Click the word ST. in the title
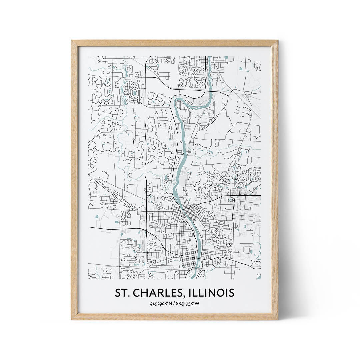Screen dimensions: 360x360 (x=122, y=293)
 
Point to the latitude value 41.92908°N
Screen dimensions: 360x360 (x=161, y=304)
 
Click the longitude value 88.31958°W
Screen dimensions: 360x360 (x=188, y=304)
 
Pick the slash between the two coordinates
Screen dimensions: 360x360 (x=175, y=304)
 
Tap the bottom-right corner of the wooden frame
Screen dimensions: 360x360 (x=277, y=319)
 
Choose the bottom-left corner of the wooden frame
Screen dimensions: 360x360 (x=72, y=319)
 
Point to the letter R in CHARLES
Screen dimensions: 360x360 (x=161, y=293)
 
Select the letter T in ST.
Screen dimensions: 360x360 (x=124, y=293)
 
